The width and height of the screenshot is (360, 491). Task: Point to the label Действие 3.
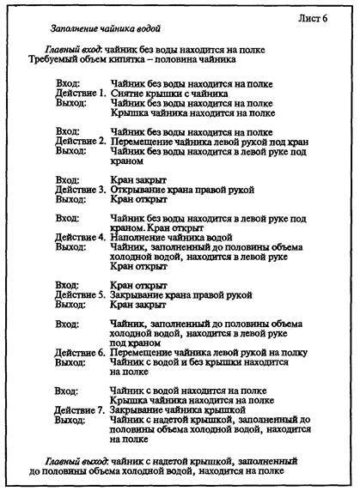tap(79, 188)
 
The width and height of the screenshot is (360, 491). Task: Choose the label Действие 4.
tap(79, 236)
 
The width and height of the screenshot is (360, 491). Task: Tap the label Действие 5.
tap(79, 294)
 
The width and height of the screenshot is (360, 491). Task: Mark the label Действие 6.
tap(79, 352)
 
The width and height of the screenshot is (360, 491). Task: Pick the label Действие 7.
tap(79, 409)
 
